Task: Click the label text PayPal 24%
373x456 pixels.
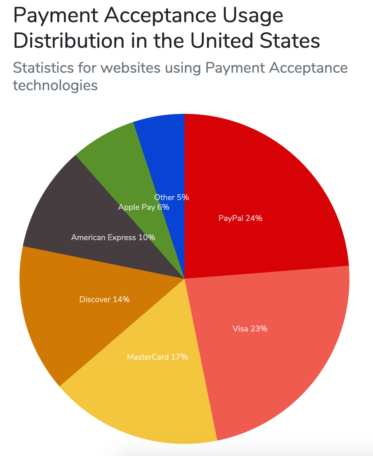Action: coord(240,218)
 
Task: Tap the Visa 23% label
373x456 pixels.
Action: coord(250,329)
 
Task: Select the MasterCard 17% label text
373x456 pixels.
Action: coord(157,357)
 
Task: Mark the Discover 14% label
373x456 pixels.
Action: coord(104,299)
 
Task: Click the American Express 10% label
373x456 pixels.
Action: coord(113,238)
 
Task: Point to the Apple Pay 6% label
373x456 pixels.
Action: coord(143,207)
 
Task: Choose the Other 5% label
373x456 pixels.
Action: coord(171,197)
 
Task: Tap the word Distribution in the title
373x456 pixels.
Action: coord(69,41)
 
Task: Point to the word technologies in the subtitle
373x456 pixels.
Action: coord(55,86)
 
